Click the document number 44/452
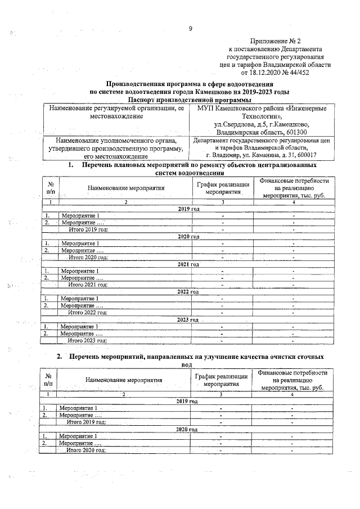(312, 73)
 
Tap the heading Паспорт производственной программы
(190, 99)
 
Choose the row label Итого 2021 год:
(88, 284)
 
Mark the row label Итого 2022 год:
(88, 312)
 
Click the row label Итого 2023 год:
(88, 340)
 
